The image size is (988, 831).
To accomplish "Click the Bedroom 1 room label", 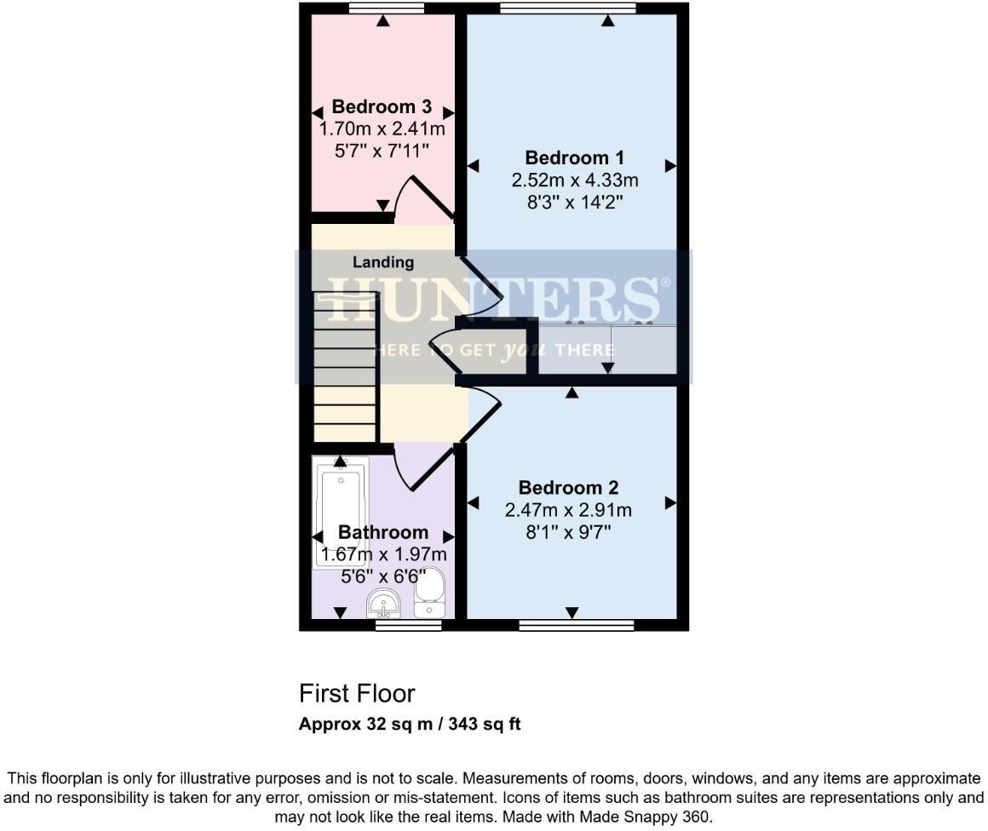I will click(x=574, y=158).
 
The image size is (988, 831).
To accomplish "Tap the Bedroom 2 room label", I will click(x=568, y=488).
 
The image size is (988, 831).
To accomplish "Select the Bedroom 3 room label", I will click(x=382, y=107).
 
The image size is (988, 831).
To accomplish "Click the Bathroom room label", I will click(x=383, y=532).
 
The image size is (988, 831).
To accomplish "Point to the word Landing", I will click(x=383, y=262).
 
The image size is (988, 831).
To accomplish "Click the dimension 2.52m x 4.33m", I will click(x=574, y=181).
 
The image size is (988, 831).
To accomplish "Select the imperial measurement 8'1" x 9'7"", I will click(x=568, y=533).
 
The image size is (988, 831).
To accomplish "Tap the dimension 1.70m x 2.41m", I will click(x=382, y=129).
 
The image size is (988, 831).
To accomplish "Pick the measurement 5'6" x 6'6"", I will click(x=383, y=576).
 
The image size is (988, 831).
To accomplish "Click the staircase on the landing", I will click(x=344, y=366).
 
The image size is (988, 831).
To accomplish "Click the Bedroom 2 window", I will click(x=577, y=626).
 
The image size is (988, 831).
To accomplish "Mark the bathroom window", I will click(x=409, y=626).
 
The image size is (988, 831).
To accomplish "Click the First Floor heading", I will click(x=357, y=693).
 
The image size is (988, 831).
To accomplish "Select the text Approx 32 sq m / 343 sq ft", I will click(x=410, y=725).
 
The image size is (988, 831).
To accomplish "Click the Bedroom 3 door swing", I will click(x=426, y=200).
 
